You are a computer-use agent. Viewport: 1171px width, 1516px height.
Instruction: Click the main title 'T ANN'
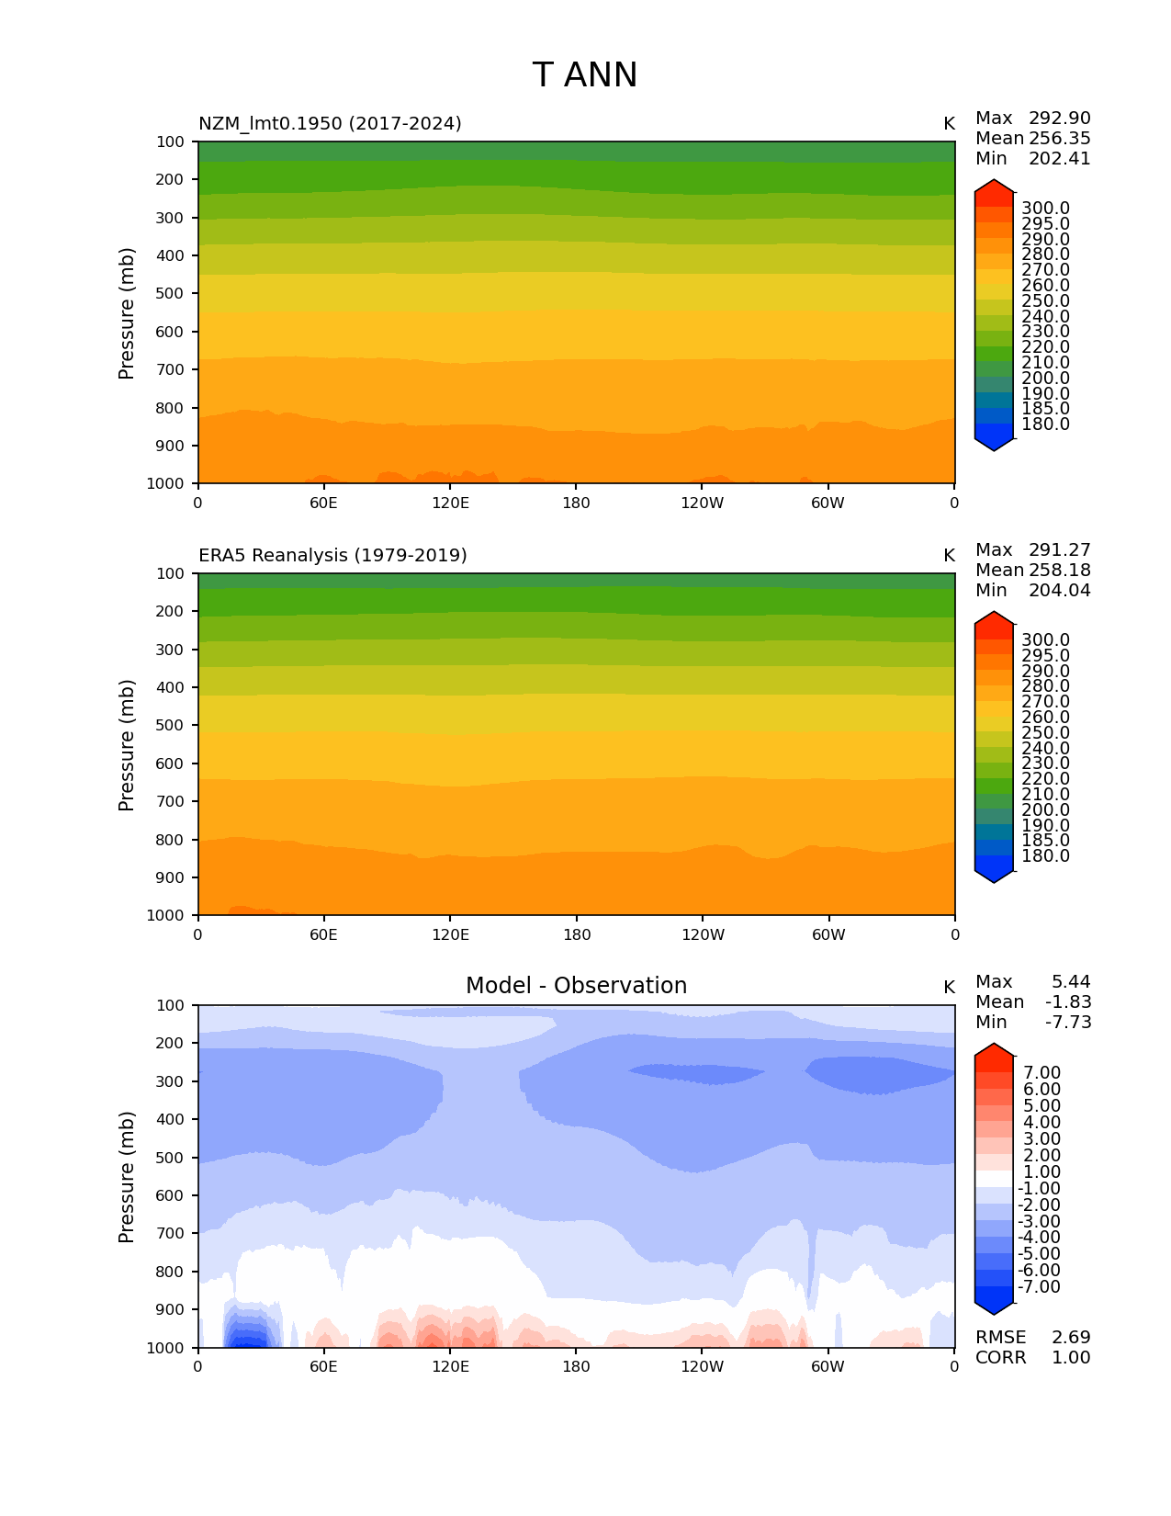(584, 75)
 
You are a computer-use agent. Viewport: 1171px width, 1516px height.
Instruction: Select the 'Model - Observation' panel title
(576, 986)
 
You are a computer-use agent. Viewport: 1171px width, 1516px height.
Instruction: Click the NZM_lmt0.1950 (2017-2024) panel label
(330, 123)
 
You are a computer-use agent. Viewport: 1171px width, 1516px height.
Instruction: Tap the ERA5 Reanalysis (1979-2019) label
(332, 555)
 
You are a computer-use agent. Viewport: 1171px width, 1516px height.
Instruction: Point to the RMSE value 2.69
(1071, 1337)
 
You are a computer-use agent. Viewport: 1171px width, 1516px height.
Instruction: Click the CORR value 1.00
(1071, 1357)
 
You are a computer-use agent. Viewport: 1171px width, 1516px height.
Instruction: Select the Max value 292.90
(1059, 118)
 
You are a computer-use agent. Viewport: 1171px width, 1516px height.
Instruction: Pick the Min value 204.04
(1059, 590)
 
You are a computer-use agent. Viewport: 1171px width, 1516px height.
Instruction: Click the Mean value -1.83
(1067, 1001)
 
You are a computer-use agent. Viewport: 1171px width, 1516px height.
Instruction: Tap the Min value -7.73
(1067, 1022)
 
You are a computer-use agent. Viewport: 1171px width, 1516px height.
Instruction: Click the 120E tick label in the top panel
(450, 503)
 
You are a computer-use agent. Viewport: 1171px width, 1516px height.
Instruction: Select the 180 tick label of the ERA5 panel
(576, 934)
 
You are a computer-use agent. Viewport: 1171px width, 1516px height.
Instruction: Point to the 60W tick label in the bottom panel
(828, 1366)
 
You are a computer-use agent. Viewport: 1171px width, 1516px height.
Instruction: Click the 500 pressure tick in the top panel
(172, 293)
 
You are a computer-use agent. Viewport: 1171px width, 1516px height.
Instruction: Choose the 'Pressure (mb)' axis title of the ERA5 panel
(127, 744)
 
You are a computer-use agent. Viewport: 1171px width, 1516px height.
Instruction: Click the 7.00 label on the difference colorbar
(1042, 1072)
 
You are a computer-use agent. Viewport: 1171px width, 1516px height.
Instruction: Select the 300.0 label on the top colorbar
(1045, 209)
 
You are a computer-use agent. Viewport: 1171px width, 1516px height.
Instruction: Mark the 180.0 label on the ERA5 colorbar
(1045, 855)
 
